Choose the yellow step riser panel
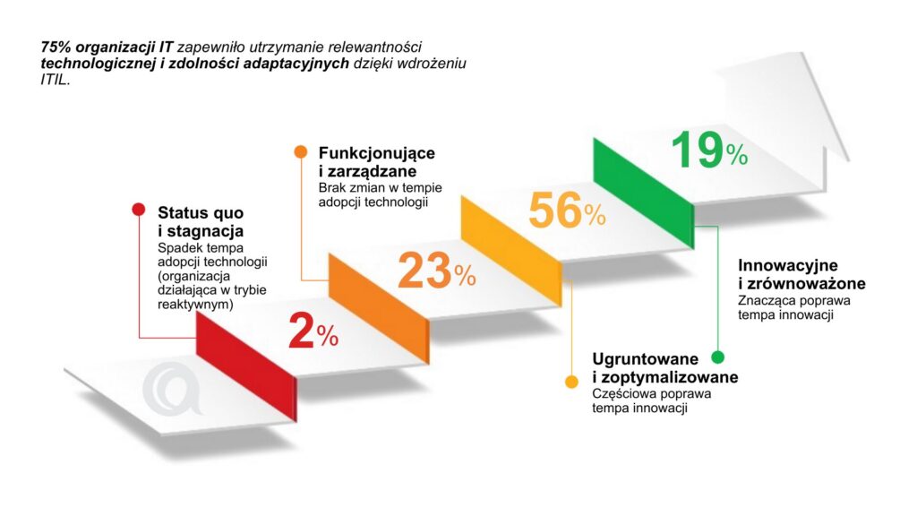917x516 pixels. pyautogui.click(x=510, y=243)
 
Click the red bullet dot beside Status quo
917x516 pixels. pyautogui.click(x=139, y=211)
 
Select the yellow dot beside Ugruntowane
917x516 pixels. pyautogui.click(x=571, y=383)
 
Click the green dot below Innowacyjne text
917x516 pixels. pyautogui.click(x=717, y=357)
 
